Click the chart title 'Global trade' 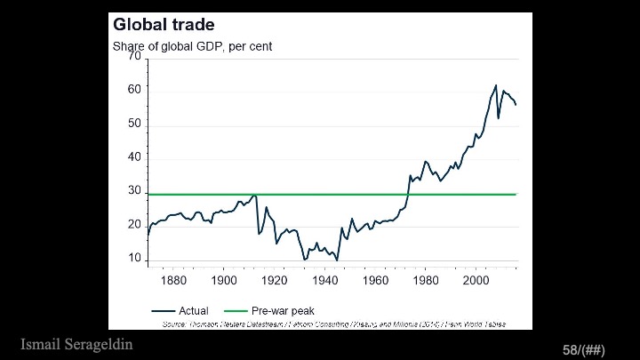tap(164, 25)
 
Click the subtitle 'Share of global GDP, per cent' tap(192, 46)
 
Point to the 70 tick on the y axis tap(135, 57)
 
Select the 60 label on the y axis tap(135, 91)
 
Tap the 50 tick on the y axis tap(135, 124)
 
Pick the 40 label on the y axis tap(135, 158)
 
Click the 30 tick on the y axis tap(135, 192)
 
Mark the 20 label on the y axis tap(135, 226)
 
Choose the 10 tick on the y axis tap(135, 260)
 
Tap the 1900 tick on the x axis tap(223, 281)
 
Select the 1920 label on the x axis tap(274, 281)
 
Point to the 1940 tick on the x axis tap(324, 281)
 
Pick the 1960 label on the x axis tap(375, 281)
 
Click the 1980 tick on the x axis tap(426, 281)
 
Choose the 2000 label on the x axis tap(476, 281)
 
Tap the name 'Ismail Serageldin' tap(76, 344)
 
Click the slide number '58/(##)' tap(583, 350)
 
